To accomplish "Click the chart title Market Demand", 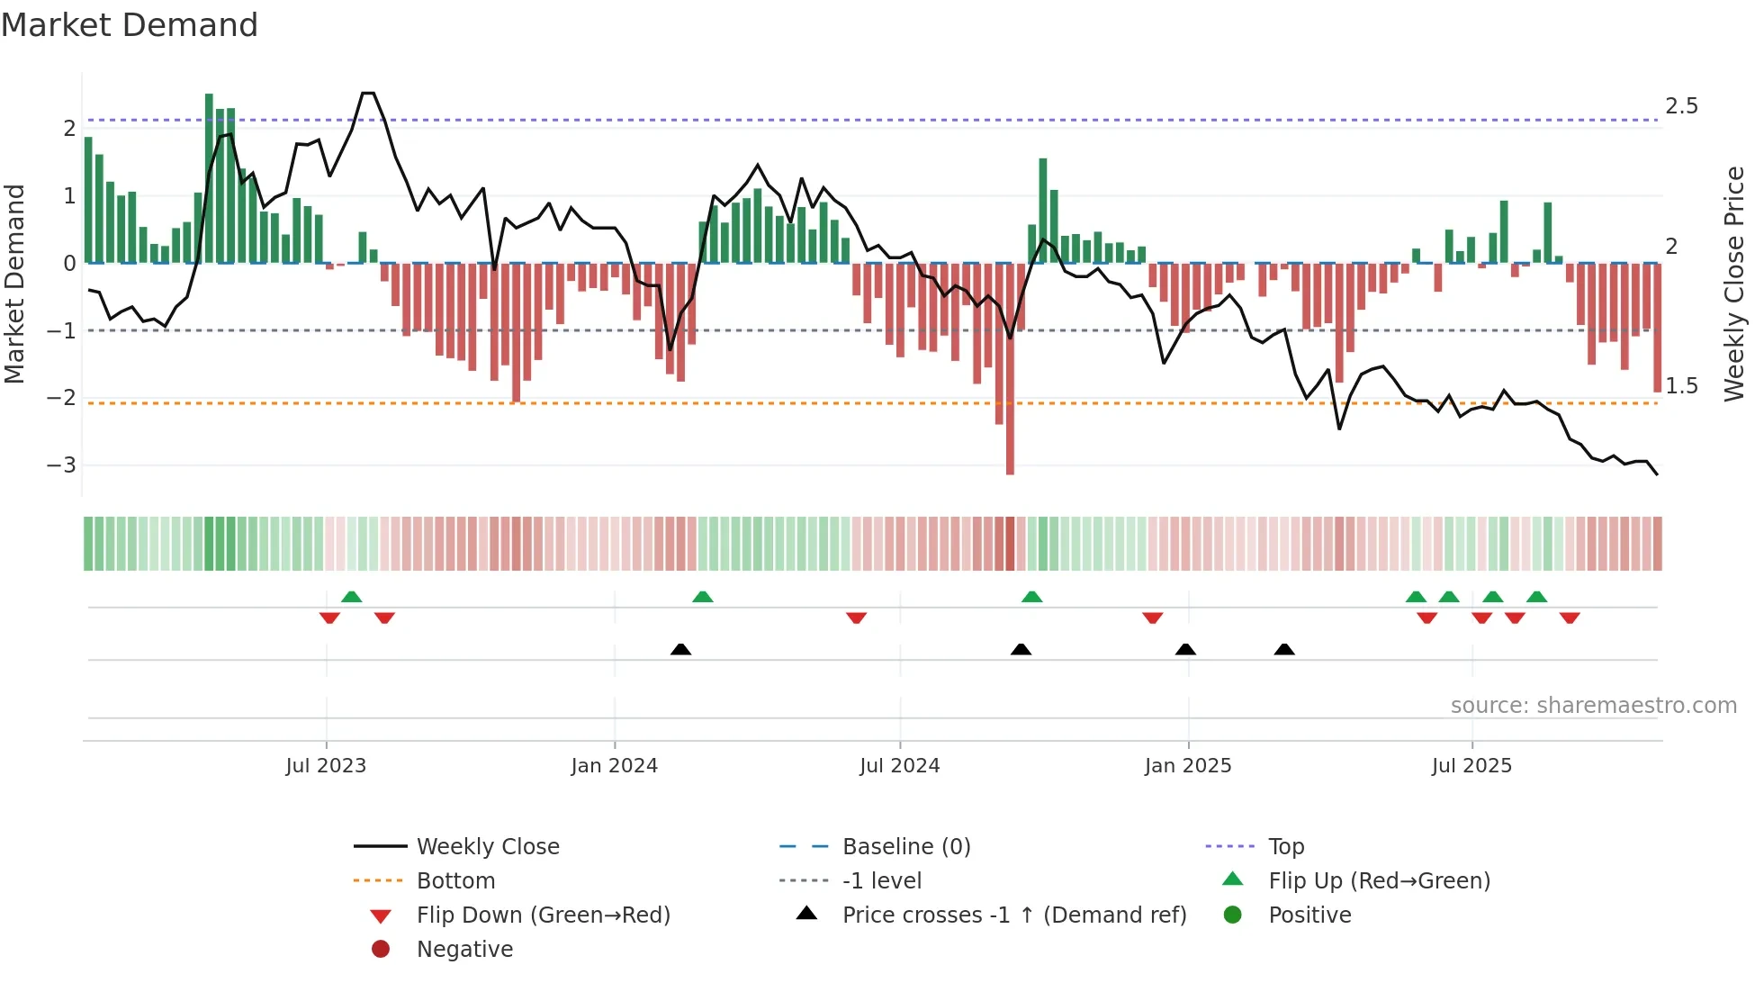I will (x=130, y=25).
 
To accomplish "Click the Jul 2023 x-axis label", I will (x=326, y=766).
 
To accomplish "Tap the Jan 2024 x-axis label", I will (x=614, y=766).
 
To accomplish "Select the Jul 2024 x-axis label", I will (x=899, y=766).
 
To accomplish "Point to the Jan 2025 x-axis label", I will (x=1187, y=766).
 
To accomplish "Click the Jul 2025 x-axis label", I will (x=1471, y=766).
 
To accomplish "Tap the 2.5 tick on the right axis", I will (x=1680, y=106).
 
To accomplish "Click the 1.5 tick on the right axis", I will (x=1680, y=386).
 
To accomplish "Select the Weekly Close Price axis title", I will (x=1733, y=284).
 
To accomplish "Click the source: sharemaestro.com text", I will (x=1593, y=706).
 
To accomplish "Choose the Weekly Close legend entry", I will (x=487, y=847).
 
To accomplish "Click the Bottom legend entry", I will (x=455, y=881).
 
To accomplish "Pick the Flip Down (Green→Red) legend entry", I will (x=543, y=915).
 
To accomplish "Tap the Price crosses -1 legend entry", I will (x=1013, y=915).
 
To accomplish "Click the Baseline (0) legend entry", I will (x=905, y=847).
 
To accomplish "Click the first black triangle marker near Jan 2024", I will (x=681, y=649).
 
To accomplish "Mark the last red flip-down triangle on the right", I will (x=1570, y=618).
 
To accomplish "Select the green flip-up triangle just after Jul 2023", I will (x=352, y=597).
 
